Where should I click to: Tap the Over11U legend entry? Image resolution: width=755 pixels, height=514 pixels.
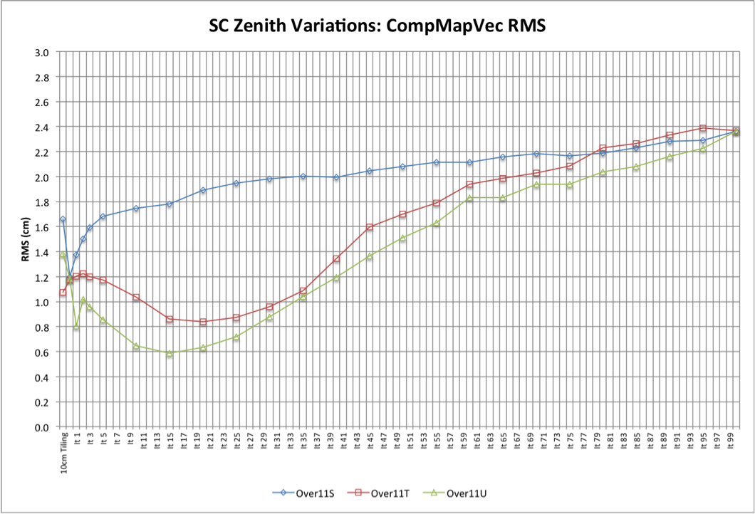tap(459, 493)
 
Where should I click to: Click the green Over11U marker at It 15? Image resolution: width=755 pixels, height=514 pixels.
tap(170, 353)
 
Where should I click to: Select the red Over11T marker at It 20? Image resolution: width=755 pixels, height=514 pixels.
tap(203, 322)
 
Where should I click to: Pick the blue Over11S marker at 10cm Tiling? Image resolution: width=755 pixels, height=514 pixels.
tap(63, 219)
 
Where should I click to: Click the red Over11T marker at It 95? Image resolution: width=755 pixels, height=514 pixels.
tap(703, 128)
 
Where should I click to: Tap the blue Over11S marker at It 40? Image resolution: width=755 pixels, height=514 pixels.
tap(336, 177)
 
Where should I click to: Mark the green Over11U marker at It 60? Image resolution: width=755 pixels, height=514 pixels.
tap(469, 198)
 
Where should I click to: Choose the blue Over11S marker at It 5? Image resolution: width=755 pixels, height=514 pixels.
tap(103, 216)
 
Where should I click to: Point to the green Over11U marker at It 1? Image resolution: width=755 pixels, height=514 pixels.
tap(76, 327)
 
